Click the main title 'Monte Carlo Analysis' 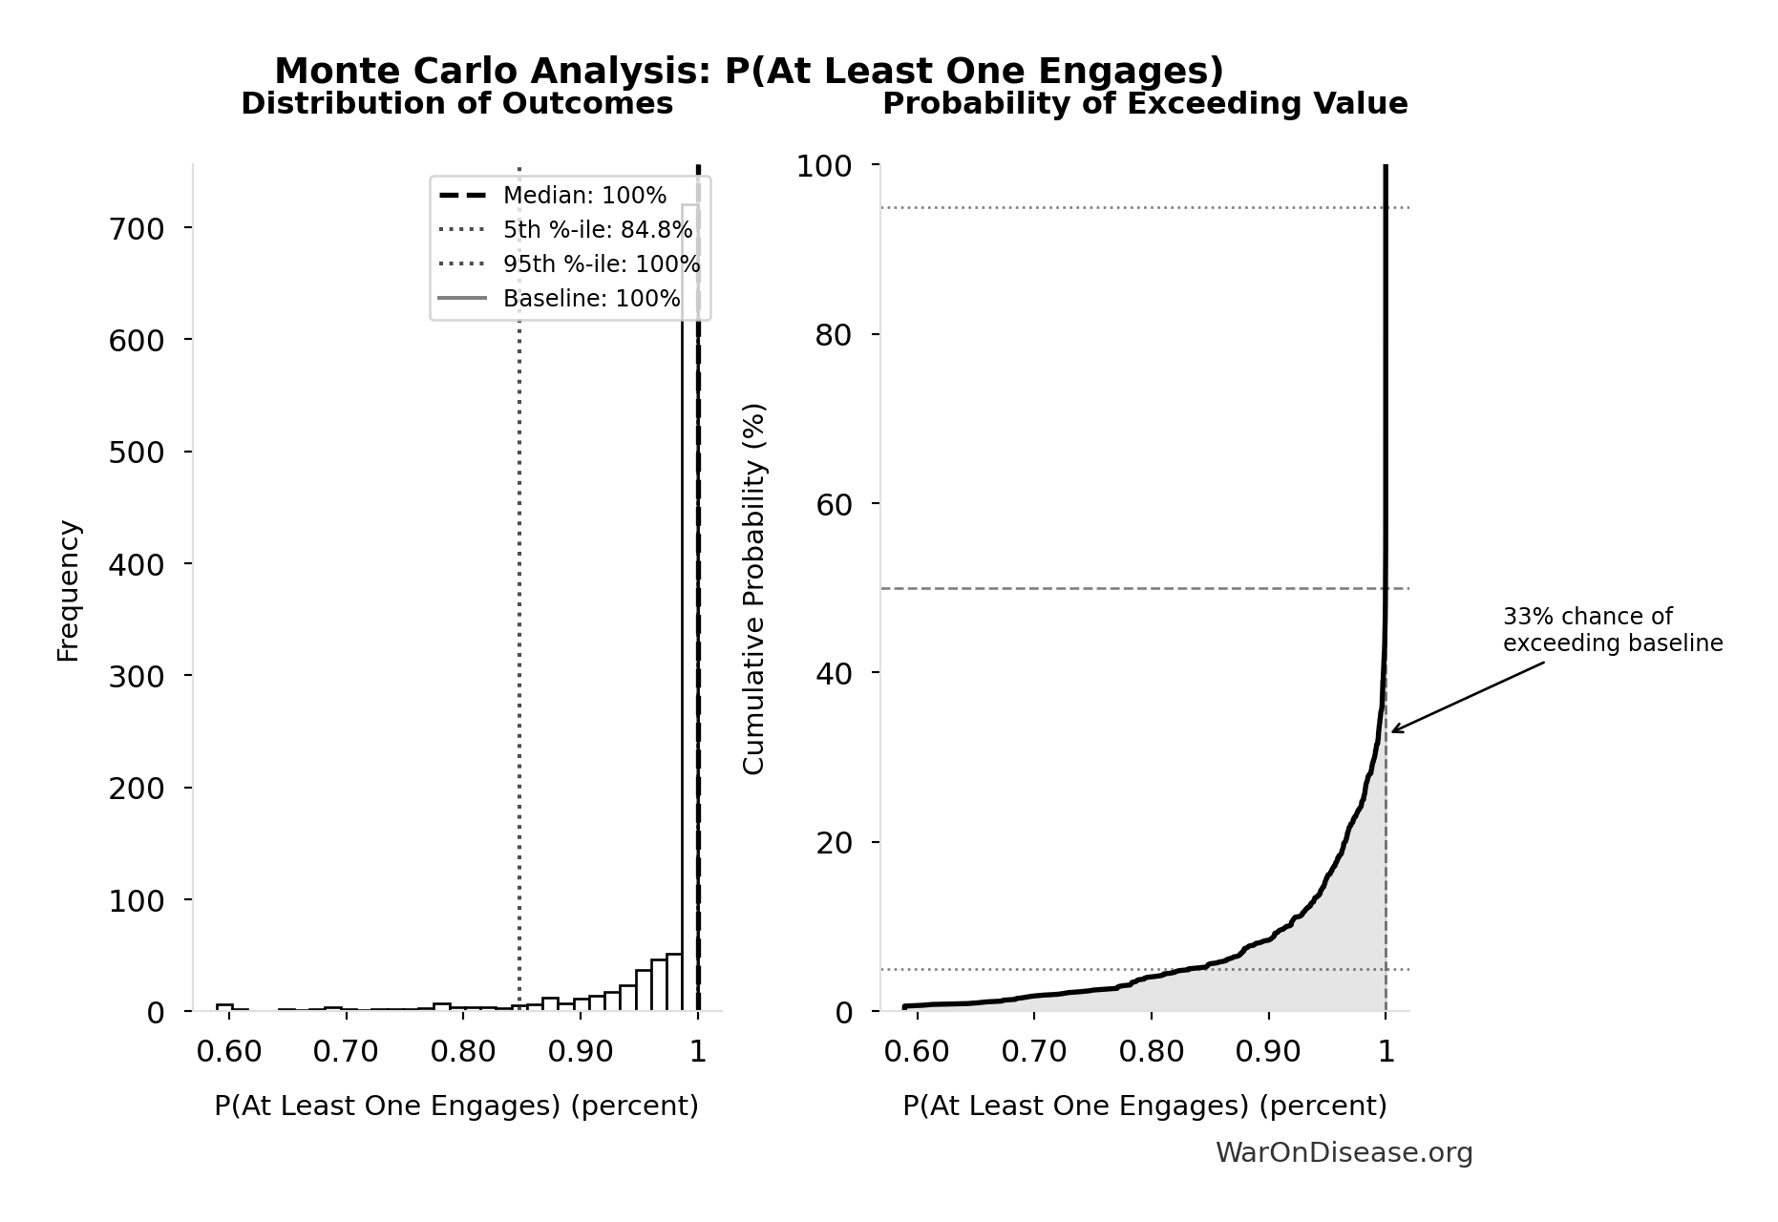pos(749,72)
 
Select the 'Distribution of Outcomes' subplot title pos(456,104)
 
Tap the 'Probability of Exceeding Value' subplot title pos(1144,104)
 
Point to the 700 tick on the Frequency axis pos(137,228)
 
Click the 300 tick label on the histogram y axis pos(137,676)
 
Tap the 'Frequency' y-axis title pos(69,590)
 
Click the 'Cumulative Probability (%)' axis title pos(753,588)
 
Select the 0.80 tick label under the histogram pos(462,1052)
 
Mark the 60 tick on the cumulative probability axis pos(835,504)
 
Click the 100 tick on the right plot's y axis pos(824,166)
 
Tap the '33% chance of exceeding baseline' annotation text pos(1612,630)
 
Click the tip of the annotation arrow pos(1391,732)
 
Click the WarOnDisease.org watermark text pos(1344,1153)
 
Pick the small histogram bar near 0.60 pos(224,1007)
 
